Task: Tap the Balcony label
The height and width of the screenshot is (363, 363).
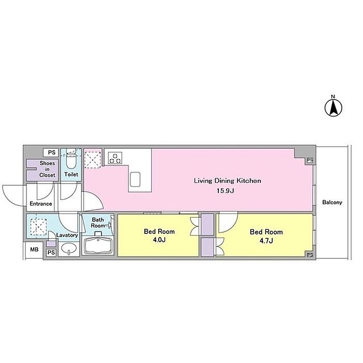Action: point(332,202)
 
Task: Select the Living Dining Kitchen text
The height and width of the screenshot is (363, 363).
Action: point(227,181)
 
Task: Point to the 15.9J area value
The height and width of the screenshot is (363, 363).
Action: point(226,191)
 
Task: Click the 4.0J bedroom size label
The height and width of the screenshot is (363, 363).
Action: point(159,240)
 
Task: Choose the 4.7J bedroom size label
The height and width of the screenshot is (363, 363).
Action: point(266,241)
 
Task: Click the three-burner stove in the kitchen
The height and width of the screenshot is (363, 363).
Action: point(115,158)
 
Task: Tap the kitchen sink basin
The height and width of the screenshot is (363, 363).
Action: point(135,179)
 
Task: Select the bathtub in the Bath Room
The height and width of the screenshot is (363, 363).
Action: point(98,246)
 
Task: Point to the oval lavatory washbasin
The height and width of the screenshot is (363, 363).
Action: point(69,248)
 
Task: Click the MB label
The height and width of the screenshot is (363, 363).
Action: point(34,249)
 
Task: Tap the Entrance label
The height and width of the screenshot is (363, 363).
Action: point(41,204)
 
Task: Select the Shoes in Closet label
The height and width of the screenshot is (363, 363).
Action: point(47,169)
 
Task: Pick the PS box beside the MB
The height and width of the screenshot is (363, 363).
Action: point(51,253)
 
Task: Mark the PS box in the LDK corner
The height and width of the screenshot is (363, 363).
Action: point(310,160)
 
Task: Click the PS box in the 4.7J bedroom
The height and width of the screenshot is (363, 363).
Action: point(310,255)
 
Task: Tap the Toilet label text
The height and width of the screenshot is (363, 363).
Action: point(71,174)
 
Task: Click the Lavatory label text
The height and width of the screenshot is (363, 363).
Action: point(67,235)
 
